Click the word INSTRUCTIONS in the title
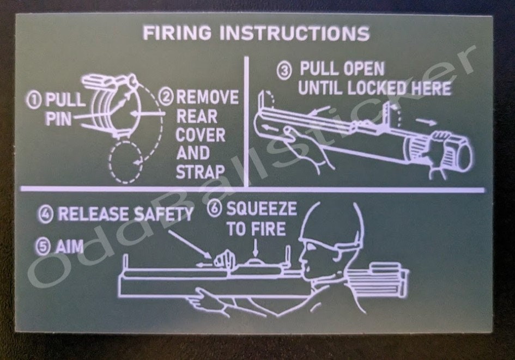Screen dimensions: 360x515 [294, 33]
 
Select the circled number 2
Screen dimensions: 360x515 [167, 98]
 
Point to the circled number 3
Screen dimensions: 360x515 [284, 70]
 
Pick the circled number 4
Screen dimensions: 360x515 [47, 214]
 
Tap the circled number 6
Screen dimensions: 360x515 [215, 209]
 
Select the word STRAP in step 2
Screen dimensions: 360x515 [201, 172]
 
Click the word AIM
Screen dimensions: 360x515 [69, 247]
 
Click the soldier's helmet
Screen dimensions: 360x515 [330, 223]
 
